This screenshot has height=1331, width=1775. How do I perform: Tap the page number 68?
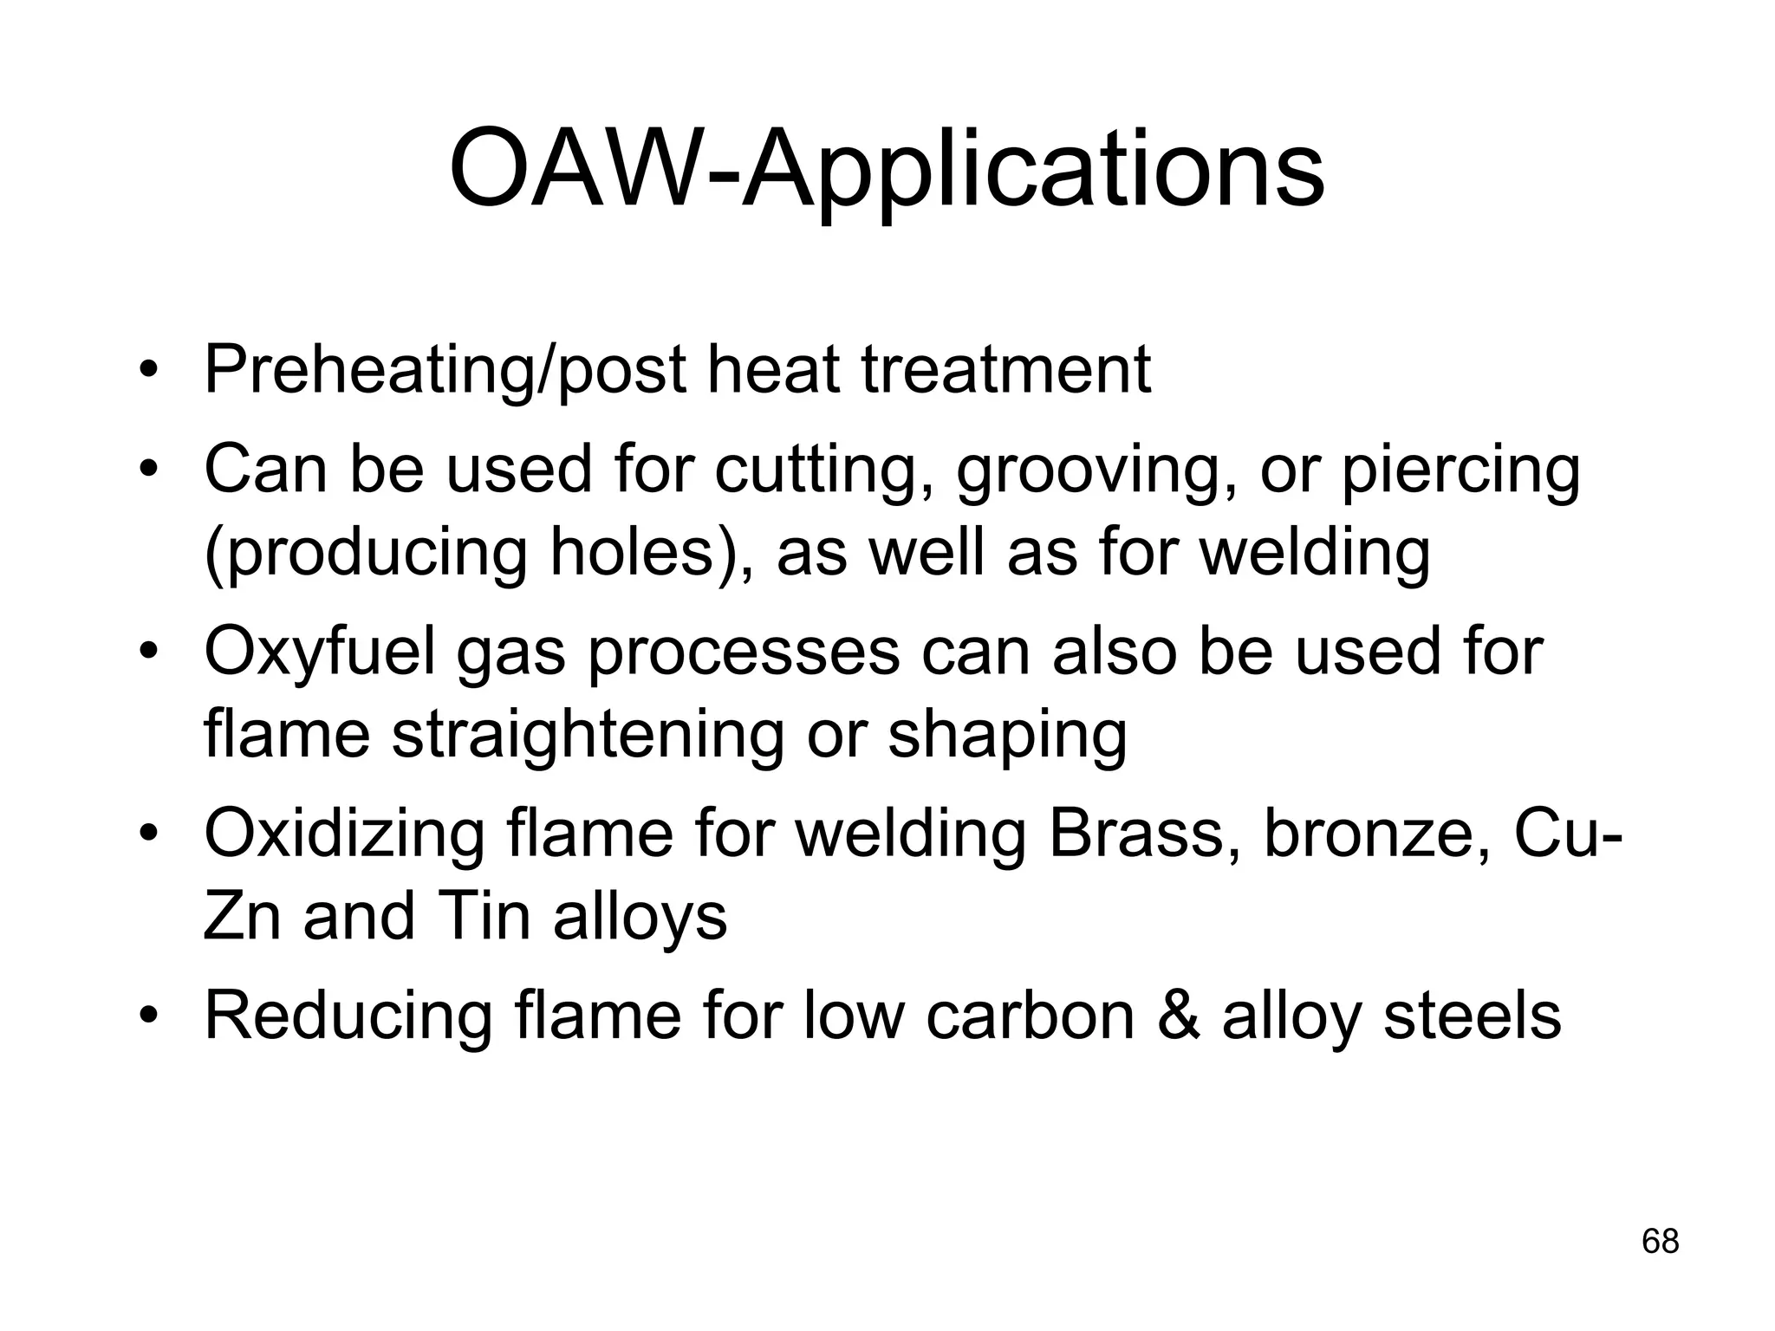click(1660, 1242)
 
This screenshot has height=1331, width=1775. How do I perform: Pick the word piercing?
click(1460, 471)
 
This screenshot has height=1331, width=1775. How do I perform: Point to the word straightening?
click(587, 735)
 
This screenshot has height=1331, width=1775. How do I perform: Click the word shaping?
click(1007, 735)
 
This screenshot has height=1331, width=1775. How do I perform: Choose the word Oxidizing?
click(343, 834)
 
